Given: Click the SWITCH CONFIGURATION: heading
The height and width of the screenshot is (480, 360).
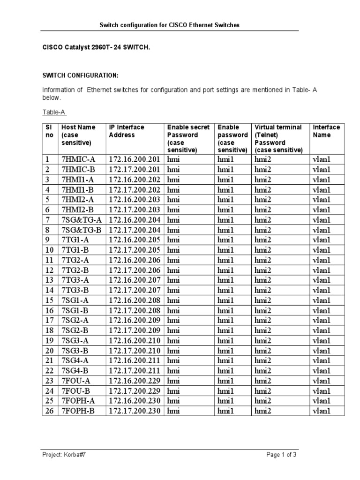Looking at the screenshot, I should pos(81,75).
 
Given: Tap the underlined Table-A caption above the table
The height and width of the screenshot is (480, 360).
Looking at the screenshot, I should pos(54,112).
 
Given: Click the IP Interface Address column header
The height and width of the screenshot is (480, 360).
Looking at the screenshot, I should pos(127,131).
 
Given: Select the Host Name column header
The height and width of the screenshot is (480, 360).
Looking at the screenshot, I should pos(78,135).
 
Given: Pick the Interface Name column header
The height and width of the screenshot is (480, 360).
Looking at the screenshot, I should pos(326,131).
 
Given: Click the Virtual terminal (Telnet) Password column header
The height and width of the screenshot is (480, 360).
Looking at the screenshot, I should pos(279,139).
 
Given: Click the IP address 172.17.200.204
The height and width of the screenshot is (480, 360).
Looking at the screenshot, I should pos(135,230).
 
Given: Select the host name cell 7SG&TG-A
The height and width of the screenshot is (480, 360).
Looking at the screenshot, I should pos(82,220).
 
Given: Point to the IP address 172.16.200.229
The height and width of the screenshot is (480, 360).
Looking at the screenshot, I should pos(135,381).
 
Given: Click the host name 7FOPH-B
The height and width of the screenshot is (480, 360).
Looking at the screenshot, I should pos(78,411).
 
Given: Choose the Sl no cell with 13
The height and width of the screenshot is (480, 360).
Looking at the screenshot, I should pos(49,280).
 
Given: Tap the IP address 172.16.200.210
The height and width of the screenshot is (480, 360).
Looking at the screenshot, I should pos(135,341).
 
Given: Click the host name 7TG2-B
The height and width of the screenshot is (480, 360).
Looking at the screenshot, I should pos(75,270).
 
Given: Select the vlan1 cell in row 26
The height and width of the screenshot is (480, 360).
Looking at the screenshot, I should pos(322,411).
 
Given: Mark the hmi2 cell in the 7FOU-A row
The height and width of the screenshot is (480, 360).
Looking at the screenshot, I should pos(262,381).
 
